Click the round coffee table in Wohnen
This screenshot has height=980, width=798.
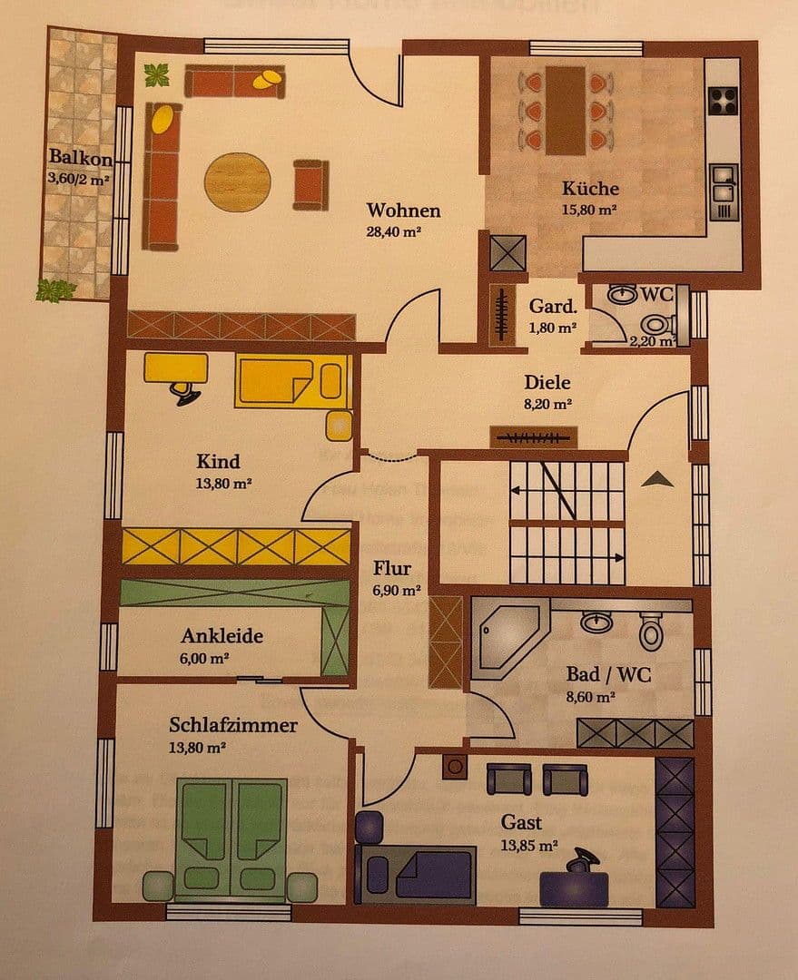coord(237,182)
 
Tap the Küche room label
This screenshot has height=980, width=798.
coord(590,189)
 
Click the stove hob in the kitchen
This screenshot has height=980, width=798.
coord(723,100)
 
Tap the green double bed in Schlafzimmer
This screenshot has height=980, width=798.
coord(231,836)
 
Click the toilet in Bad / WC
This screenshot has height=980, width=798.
coord(651,631)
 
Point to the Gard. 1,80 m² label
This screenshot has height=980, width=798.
coord(551,315)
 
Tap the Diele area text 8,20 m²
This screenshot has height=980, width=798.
coord(547,404)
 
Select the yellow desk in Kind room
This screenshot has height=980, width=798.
coord(175,367)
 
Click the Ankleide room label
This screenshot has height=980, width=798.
coord(222,636)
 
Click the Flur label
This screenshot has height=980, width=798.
coord(391,570)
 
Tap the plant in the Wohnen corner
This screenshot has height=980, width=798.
coord(156,75)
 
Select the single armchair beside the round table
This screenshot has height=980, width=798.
coord(310,184)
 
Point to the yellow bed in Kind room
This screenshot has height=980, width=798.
coord(291,380)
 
